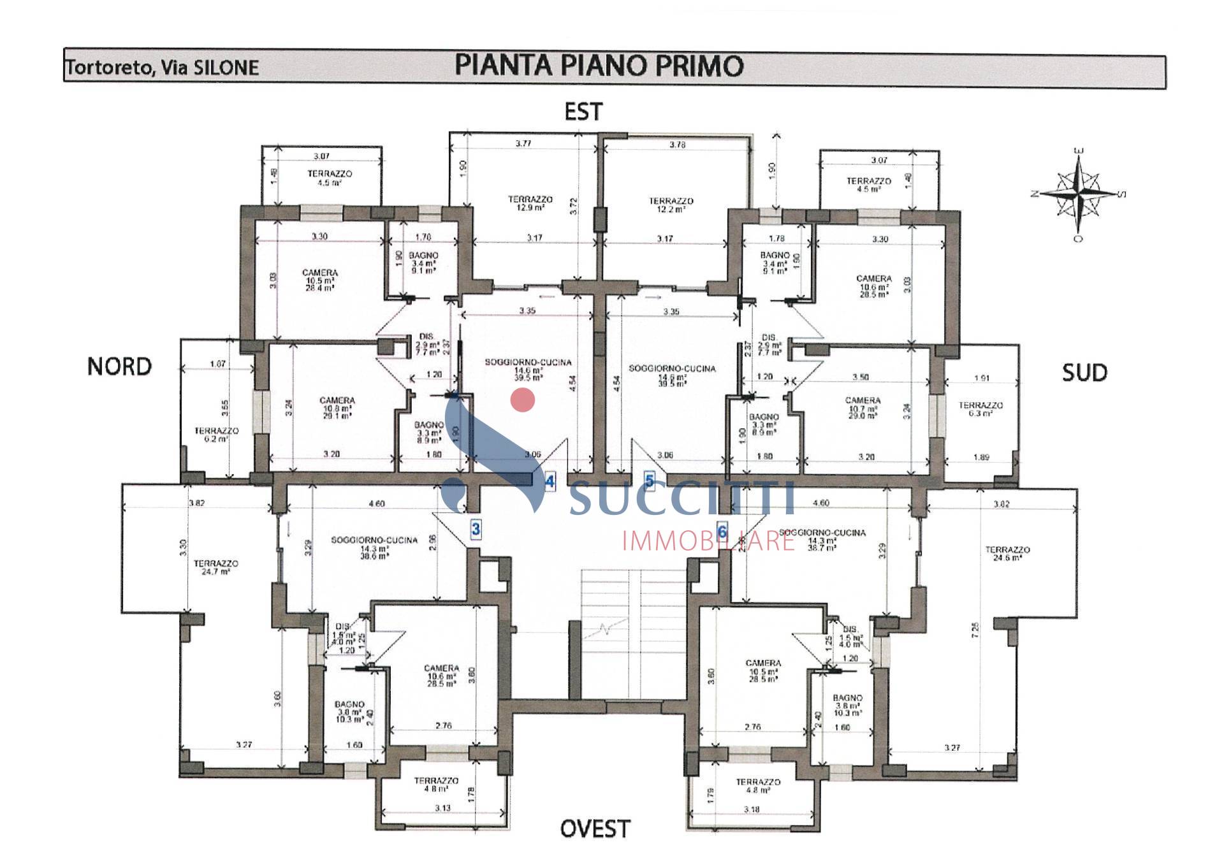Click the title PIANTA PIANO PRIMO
[x=599, y=66]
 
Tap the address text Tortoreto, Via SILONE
[x=162, y=68]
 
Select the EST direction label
[x=583, y=112]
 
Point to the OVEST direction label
[x=595, y=828]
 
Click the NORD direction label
[x=119, y=366]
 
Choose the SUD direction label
[x=1084, y=372]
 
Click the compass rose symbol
[x=1078, y=192]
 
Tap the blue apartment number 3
[x=476, y=528]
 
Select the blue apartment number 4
[x=550, y=481]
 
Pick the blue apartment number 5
[x=650, y=481]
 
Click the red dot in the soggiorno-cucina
[x=523, y=400]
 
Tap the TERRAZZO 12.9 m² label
[x=530, y=203]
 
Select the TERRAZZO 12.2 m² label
[x=671, y=205]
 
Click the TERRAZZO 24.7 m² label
[x=215, y=567]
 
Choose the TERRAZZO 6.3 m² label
[x=980, y=409]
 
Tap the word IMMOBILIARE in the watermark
[x=708, y=541]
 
